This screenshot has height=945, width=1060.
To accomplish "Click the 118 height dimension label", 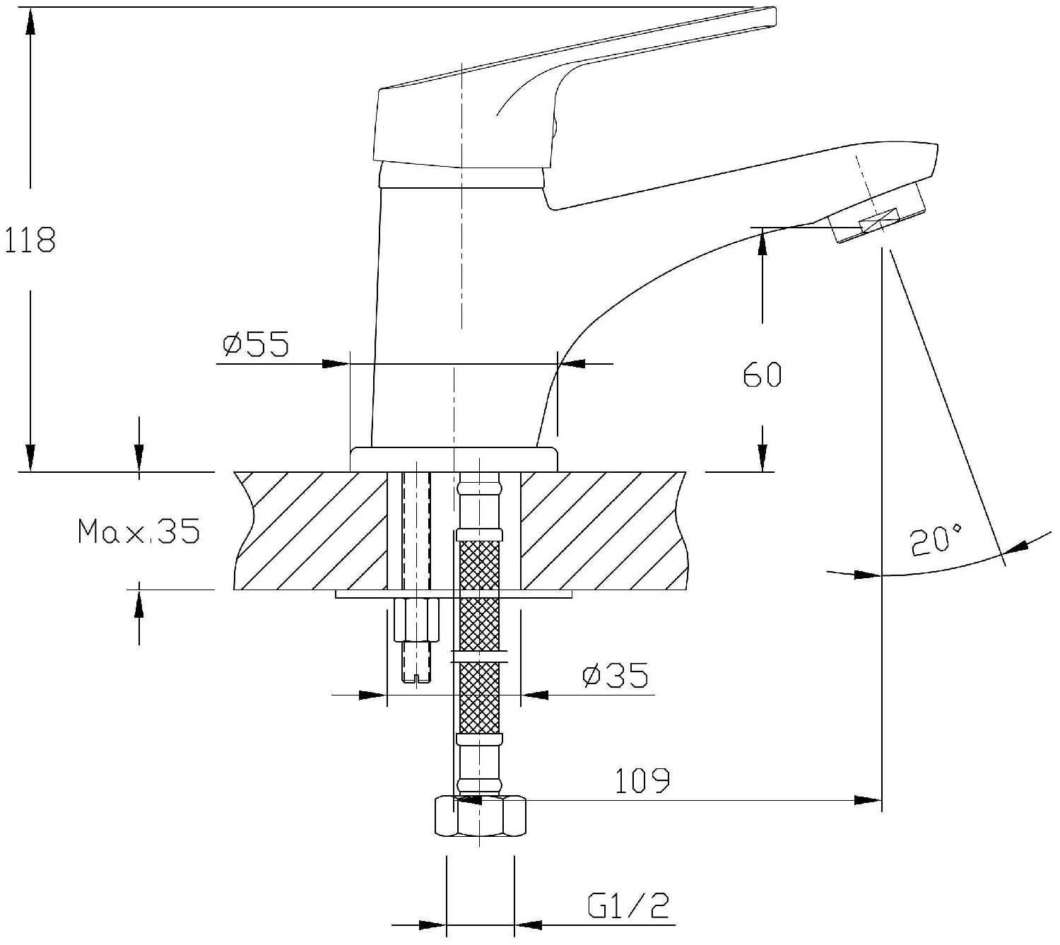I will coord(30,240).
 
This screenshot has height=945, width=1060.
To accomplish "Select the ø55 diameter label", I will coord(256,344).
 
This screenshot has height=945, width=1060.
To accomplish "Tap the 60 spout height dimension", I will coord(762,375).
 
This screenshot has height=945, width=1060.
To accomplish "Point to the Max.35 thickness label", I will coord(139,530).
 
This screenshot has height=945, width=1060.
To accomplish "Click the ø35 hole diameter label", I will coord(615,676).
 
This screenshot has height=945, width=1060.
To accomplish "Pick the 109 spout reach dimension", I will coord(642,780).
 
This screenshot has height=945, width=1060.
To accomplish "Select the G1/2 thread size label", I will coord(628,905).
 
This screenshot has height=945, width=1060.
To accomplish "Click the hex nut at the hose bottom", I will coord(480,816).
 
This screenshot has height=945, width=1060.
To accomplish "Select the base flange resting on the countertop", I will coord(454,459).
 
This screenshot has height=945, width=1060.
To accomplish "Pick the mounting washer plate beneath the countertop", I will coord(453,594).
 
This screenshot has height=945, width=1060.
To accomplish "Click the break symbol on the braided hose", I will coord(480,655).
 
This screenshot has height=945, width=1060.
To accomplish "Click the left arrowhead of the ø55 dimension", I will coord(336,364).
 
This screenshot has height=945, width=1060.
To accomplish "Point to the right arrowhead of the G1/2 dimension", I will coord(528,925).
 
